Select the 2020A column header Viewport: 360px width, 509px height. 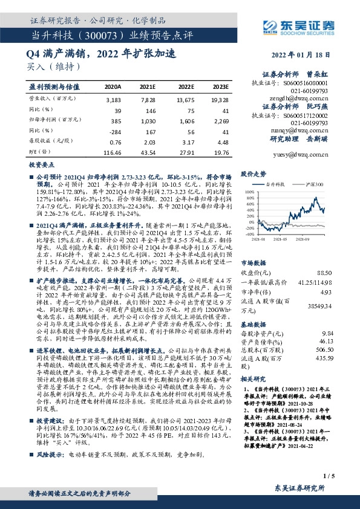coord(113,86)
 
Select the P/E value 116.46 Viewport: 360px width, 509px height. coord(113,153)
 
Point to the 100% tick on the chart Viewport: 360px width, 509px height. coord(247,191)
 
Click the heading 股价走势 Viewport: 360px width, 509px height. coord(254,173)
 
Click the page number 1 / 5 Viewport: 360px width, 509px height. coord(329,476)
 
